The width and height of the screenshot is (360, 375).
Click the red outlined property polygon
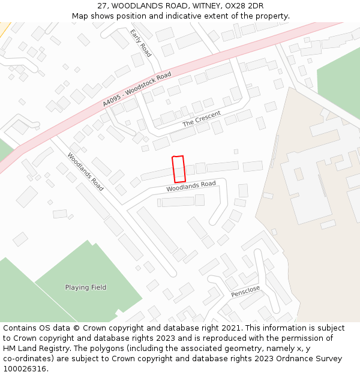click(178, 169)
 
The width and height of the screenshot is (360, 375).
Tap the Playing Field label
click(86, 287)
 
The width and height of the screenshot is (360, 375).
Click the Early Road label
click(141, 43)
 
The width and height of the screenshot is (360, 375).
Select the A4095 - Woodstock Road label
click(137, 89)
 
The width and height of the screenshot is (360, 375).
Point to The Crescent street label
click(202, 119)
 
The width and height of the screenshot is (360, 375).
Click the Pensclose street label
click(245, 292)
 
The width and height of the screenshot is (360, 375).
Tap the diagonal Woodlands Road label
click(85, 172)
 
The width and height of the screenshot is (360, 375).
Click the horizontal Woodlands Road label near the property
click(191, 187)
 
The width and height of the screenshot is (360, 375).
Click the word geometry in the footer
click(240, 349)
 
